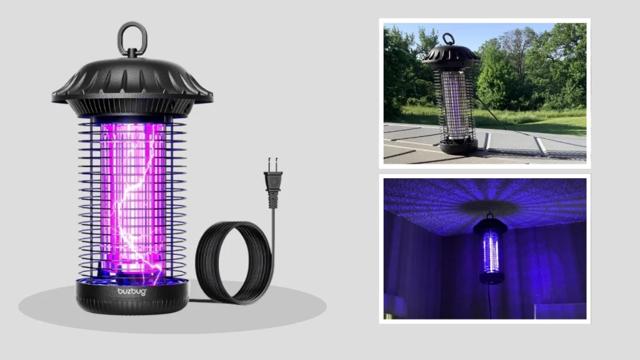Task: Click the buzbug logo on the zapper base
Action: [132, 291]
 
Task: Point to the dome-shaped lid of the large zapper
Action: [132, 80]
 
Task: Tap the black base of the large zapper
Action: [132, 299]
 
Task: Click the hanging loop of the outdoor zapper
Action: [448, 39]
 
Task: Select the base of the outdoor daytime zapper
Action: [458, 146]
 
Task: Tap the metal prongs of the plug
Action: [272, 164]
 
